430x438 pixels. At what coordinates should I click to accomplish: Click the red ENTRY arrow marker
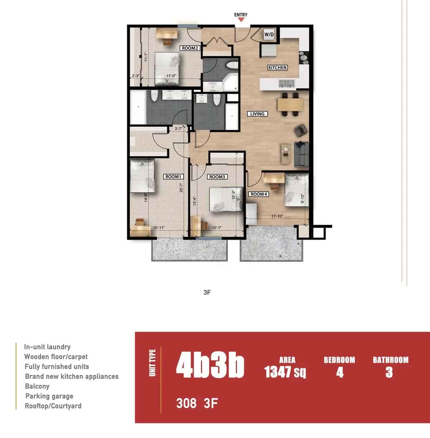coord(241,20)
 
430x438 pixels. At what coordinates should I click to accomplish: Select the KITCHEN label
coord(277,67)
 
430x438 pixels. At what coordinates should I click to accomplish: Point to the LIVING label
coord(257,114)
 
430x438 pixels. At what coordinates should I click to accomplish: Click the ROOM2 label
coord(190,48)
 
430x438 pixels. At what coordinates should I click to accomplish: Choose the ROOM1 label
coord(173,177)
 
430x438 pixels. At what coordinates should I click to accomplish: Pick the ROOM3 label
coord(217,177)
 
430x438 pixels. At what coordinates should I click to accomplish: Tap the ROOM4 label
coord(259,194)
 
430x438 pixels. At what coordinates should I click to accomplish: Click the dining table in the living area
coord(290,105)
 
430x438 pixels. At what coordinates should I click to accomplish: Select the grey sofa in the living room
coord(302,154)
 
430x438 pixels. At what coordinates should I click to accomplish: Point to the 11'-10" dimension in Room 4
coord(277,216)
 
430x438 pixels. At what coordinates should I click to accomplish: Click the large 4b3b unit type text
coord(210,367)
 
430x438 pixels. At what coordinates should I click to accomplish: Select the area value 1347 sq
coord(285,372)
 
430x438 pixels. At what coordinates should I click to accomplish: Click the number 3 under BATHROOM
coord(390,373)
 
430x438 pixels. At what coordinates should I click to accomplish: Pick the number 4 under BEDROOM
coord(340,373)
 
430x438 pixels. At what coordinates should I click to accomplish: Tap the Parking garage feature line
coord(49,396)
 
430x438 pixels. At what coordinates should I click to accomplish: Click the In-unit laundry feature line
coord(47,347)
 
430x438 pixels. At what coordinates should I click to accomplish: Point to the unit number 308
coord(186,404)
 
